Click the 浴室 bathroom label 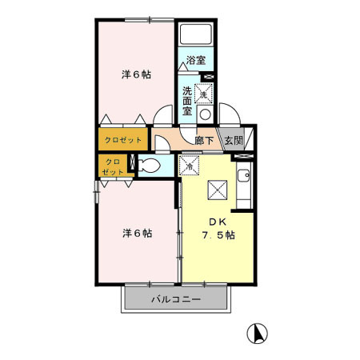point(196,60)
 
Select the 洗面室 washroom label point(186,101)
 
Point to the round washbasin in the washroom point(205,114)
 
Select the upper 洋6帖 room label point(137,74)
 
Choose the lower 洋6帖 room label point(137,234)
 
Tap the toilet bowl point(148,166)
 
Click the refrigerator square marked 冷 point(190,166)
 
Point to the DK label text point(217,222)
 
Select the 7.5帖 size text point(217,235)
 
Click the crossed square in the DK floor point(217,190)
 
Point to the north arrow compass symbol point(258,331)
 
